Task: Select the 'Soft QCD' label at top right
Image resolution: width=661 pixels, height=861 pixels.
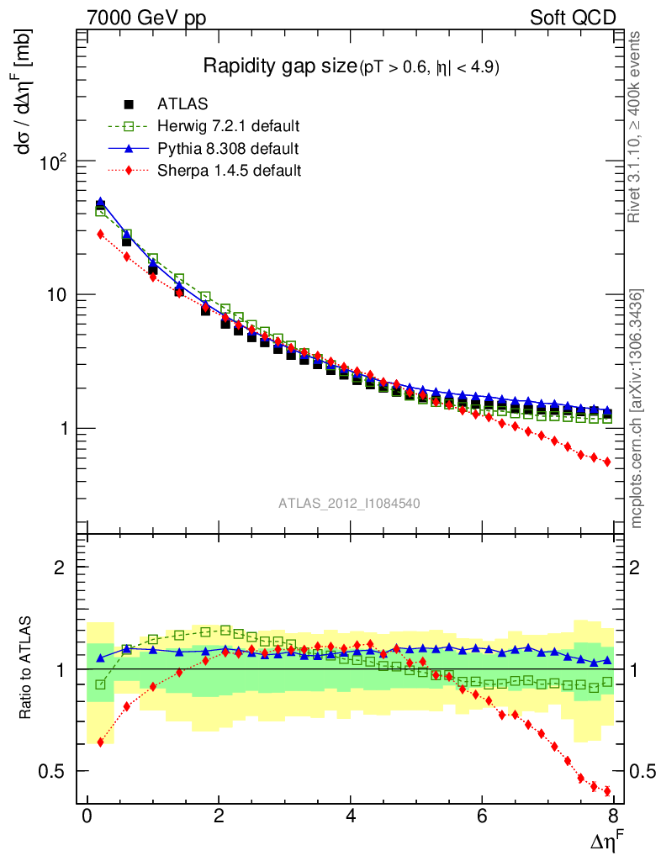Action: [x=574, y=18]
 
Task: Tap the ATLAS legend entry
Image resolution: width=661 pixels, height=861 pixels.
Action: [x=182, y=104]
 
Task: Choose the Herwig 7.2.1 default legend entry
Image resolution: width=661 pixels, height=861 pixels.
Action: [x=228, y=127]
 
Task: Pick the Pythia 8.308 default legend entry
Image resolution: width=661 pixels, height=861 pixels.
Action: [x=227, y=149]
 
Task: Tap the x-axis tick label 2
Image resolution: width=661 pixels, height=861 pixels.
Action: [x=219, y=817]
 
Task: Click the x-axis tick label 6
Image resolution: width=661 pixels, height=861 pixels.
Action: [x=482, y=817]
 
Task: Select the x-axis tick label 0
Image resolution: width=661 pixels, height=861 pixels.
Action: [x=87, y=817]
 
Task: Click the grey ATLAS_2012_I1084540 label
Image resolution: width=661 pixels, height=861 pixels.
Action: [x=349, y=504]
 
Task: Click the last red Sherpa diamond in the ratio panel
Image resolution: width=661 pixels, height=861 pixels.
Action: [x=607, y=791]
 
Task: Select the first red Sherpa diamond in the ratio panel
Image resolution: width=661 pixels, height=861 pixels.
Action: [x=101, y=742]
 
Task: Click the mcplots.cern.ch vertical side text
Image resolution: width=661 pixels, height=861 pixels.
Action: [x=637, y=408]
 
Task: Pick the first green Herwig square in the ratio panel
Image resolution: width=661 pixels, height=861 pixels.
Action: [x=101, y=684]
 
